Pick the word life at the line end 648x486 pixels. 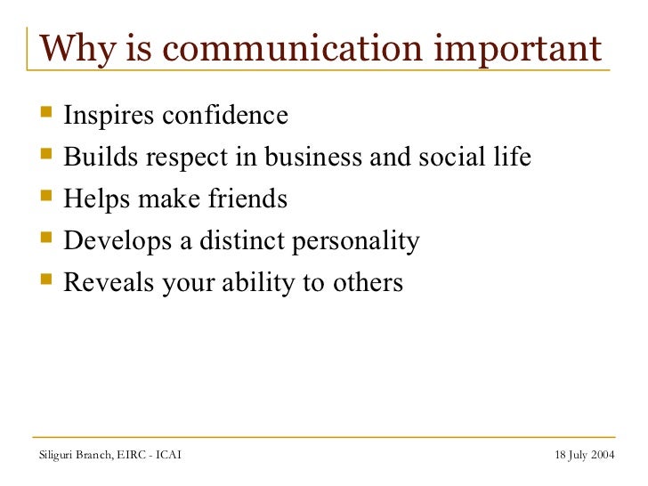click(514, 158)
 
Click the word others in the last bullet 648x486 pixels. click(369, 284)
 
